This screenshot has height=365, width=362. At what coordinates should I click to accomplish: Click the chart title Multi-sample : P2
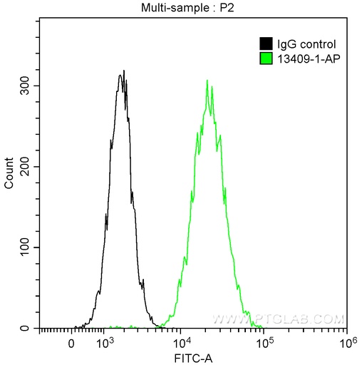[192, 7]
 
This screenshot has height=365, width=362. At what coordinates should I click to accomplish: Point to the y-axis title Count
[9, 174]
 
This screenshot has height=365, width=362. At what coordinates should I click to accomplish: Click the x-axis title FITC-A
[192, 356]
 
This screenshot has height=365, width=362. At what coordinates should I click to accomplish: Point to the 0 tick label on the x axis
[71, 342]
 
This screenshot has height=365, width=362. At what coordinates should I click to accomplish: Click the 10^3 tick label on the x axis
[104, 342]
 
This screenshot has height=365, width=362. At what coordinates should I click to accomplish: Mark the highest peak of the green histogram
[207, 81]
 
